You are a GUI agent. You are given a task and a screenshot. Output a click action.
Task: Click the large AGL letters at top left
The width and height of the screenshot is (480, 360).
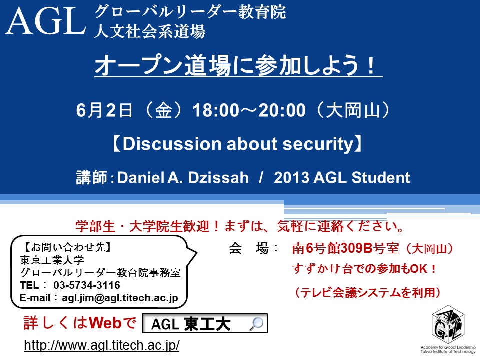(x=46, y=21)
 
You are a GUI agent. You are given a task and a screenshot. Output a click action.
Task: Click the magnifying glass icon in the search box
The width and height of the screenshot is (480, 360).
(x=256, y=324)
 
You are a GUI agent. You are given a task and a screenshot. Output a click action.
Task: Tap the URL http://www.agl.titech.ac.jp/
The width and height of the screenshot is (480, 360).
(x=102, y=345)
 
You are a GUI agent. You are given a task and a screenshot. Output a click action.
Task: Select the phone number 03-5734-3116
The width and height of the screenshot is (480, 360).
(x=87, y=285)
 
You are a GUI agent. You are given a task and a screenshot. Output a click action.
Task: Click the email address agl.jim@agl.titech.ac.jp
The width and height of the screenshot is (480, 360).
(x=120, y=298)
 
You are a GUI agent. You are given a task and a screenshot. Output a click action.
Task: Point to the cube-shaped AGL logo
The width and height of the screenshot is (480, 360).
(x=448, y=325)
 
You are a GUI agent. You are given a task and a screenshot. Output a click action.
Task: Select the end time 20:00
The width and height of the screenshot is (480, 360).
(x=282, y=110)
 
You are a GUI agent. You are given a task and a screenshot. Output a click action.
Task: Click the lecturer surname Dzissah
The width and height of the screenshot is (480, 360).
(x=218, y=178)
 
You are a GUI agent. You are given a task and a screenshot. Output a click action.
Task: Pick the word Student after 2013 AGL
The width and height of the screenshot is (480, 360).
(x=381, y=178)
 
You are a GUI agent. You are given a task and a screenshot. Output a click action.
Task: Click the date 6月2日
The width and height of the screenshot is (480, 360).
(x=104, y=110)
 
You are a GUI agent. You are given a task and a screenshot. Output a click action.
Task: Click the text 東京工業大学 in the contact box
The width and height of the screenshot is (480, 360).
(x=52, y=260)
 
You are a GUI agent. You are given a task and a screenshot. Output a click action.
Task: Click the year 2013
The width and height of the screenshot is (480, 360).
(x=291, y=178)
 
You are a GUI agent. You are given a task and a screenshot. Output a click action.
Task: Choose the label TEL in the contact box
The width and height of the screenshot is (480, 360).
(x=29, y=285)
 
